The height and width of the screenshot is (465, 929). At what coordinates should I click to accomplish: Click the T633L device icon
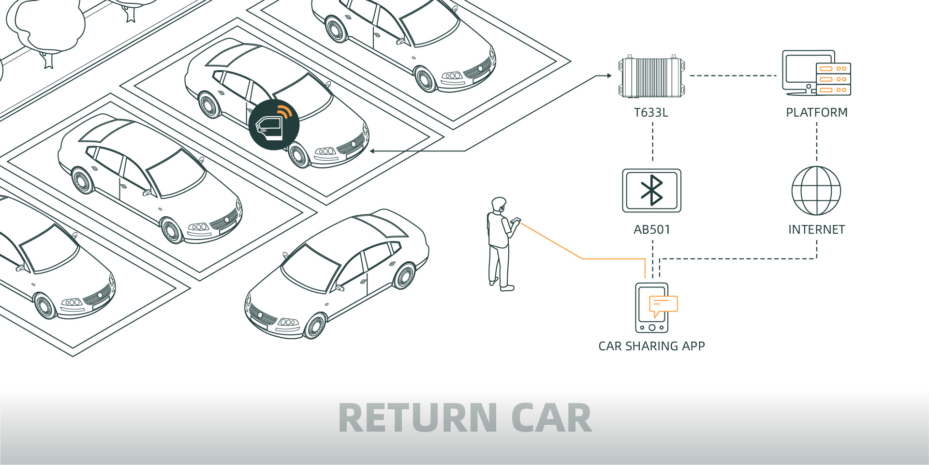[x=651, y=77]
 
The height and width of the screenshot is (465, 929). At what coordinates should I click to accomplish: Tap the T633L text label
[x=651, y=113]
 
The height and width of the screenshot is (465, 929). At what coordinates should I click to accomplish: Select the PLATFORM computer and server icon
[x=816, y=73]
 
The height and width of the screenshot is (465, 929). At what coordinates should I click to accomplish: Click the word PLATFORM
[x=816, y=113]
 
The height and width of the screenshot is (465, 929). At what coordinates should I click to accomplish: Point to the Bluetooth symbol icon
[x=651, y=190]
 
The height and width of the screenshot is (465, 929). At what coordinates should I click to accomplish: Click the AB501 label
[x=652, y=229]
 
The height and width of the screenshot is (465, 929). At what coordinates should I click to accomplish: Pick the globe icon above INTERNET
[x=816, y=191]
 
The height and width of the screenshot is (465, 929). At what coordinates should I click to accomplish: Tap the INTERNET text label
[x=816, y=229]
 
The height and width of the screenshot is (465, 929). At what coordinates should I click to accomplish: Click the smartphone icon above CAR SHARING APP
[x=651, y=308]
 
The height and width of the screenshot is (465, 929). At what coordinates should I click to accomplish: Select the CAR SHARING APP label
[x=651, y=346]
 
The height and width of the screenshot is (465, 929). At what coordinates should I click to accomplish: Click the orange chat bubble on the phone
[x=663, y=305]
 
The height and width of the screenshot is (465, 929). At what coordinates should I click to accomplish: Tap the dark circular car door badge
[x=274, y=125]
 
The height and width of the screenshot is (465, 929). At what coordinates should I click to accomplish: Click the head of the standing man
[x=498, y=204]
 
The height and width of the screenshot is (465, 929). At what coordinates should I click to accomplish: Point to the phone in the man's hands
[x=516, y=220]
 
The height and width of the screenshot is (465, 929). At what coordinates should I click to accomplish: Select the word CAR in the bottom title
[x=551, y=418]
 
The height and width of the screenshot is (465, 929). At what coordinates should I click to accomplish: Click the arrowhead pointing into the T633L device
[x=609, y=75]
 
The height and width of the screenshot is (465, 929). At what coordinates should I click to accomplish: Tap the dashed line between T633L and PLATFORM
[x=733, y=75]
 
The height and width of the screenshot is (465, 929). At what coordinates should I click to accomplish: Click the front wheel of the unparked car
[x=315, y=326]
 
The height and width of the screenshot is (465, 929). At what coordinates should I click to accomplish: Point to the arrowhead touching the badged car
[x=373, y=151]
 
